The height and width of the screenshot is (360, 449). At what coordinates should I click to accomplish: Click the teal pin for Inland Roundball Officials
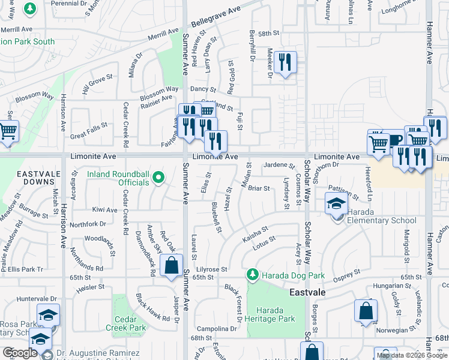pyautogui.click(x=158, y=177)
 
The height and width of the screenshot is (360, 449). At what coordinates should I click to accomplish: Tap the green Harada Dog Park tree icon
pyautogui.click(x=253, y=275)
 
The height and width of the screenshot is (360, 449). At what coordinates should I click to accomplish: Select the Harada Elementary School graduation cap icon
pyautogui.click(x=336, y=203)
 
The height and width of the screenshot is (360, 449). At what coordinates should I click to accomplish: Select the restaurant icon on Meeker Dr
pyautogui.click(x=286, y=63)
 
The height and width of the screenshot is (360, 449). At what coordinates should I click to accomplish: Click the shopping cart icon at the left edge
pyautogui.click(x=7, y=131)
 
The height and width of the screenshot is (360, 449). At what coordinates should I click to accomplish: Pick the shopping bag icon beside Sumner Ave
pyautogui.click(x=172, y=266)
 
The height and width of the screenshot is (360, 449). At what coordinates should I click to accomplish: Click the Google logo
pyautogui.click(x=20, y=353)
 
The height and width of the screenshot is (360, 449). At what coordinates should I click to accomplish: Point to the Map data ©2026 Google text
pyautogui.click(x=412, y=355)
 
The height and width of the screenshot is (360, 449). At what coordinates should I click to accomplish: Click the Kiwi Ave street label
pyautogui.click(x=104, y=210)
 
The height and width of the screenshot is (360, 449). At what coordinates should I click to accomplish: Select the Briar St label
pyautogui.click(x=259, y=188)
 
